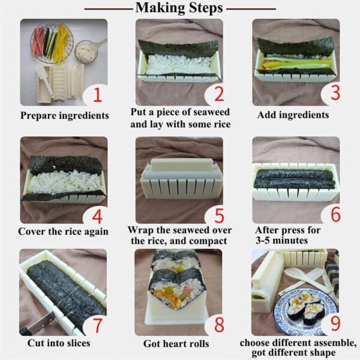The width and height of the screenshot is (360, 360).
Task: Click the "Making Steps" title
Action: coord(179,8)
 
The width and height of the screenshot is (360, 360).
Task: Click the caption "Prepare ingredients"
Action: coord(64,115)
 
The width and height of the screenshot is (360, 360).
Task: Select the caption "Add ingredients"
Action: coord(293,115)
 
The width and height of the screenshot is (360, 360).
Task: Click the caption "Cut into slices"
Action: coord(58,343)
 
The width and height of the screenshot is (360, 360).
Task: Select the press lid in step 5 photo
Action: coord(179,164)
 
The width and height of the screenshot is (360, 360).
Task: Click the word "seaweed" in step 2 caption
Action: coord(211,112)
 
